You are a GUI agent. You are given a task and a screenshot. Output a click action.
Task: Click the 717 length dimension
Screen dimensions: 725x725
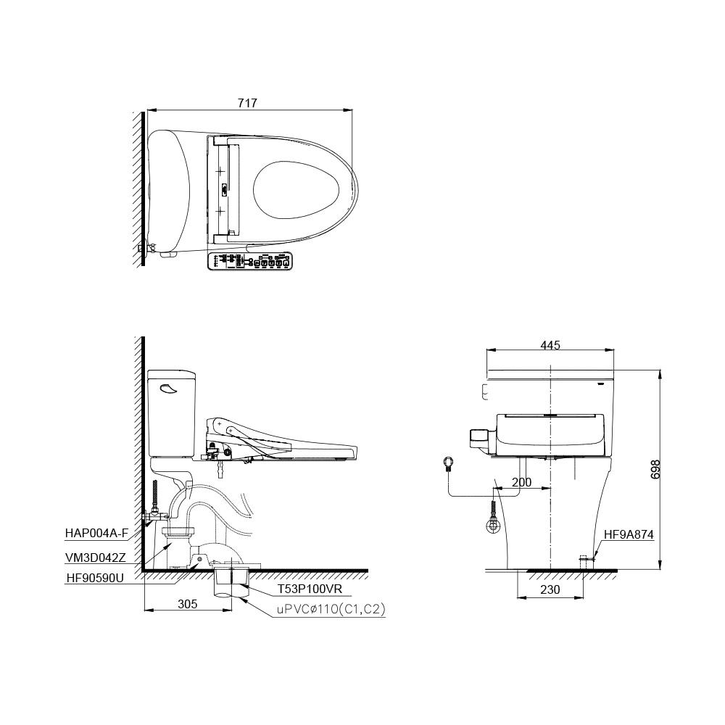tap(247, 104)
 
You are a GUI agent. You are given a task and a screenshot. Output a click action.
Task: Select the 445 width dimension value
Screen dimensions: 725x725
tap(550, 345)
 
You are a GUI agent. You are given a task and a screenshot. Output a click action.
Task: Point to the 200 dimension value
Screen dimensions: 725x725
tap(521, 482)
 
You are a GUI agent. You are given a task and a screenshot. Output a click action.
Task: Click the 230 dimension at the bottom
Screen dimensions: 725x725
tap(550, 589)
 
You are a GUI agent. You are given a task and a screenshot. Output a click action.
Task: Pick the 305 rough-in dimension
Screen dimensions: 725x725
tap(188, 602)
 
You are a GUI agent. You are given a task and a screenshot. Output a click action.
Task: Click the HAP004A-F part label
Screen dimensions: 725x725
tap(96, 533)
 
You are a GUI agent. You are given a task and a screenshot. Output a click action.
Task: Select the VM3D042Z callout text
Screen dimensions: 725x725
tap(96, 558)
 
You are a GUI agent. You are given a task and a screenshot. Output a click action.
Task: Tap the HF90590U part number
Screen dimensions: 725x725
tap(95, 578)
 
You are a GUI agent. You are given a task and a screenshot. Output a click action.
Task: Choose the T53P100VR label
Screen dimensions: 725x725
tap(310, 591)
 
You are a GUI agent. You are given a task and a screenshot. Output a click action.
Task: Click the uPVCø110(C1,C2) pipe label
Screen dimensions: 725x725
tap(330, 610)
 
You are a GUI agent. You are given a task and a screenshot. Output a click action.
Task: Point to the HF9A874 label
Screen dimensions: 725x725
tap(629, 535)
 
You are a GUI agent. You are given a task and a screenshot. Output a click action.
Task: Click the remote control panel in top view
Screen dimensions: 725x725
tap(250, 261)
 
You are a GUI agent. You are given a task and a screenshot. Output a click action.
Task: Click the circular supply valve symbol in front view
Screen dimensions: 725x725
tap(449, 462)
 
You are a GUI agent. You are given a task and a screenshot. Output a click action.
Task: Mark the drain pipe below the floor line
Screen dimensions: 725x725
tap(233, 584)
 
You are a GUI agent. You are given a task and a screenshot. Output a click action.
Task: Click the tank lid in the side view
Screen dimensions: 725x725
tap(171, 375)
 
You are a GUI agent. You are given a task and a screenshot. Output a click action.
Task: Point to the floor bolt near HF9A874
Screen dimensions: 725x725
tap(583, 560)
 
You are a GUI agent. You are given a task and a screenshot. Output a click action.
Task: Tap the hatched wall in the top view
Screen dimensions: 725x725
tap(138, 188)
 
